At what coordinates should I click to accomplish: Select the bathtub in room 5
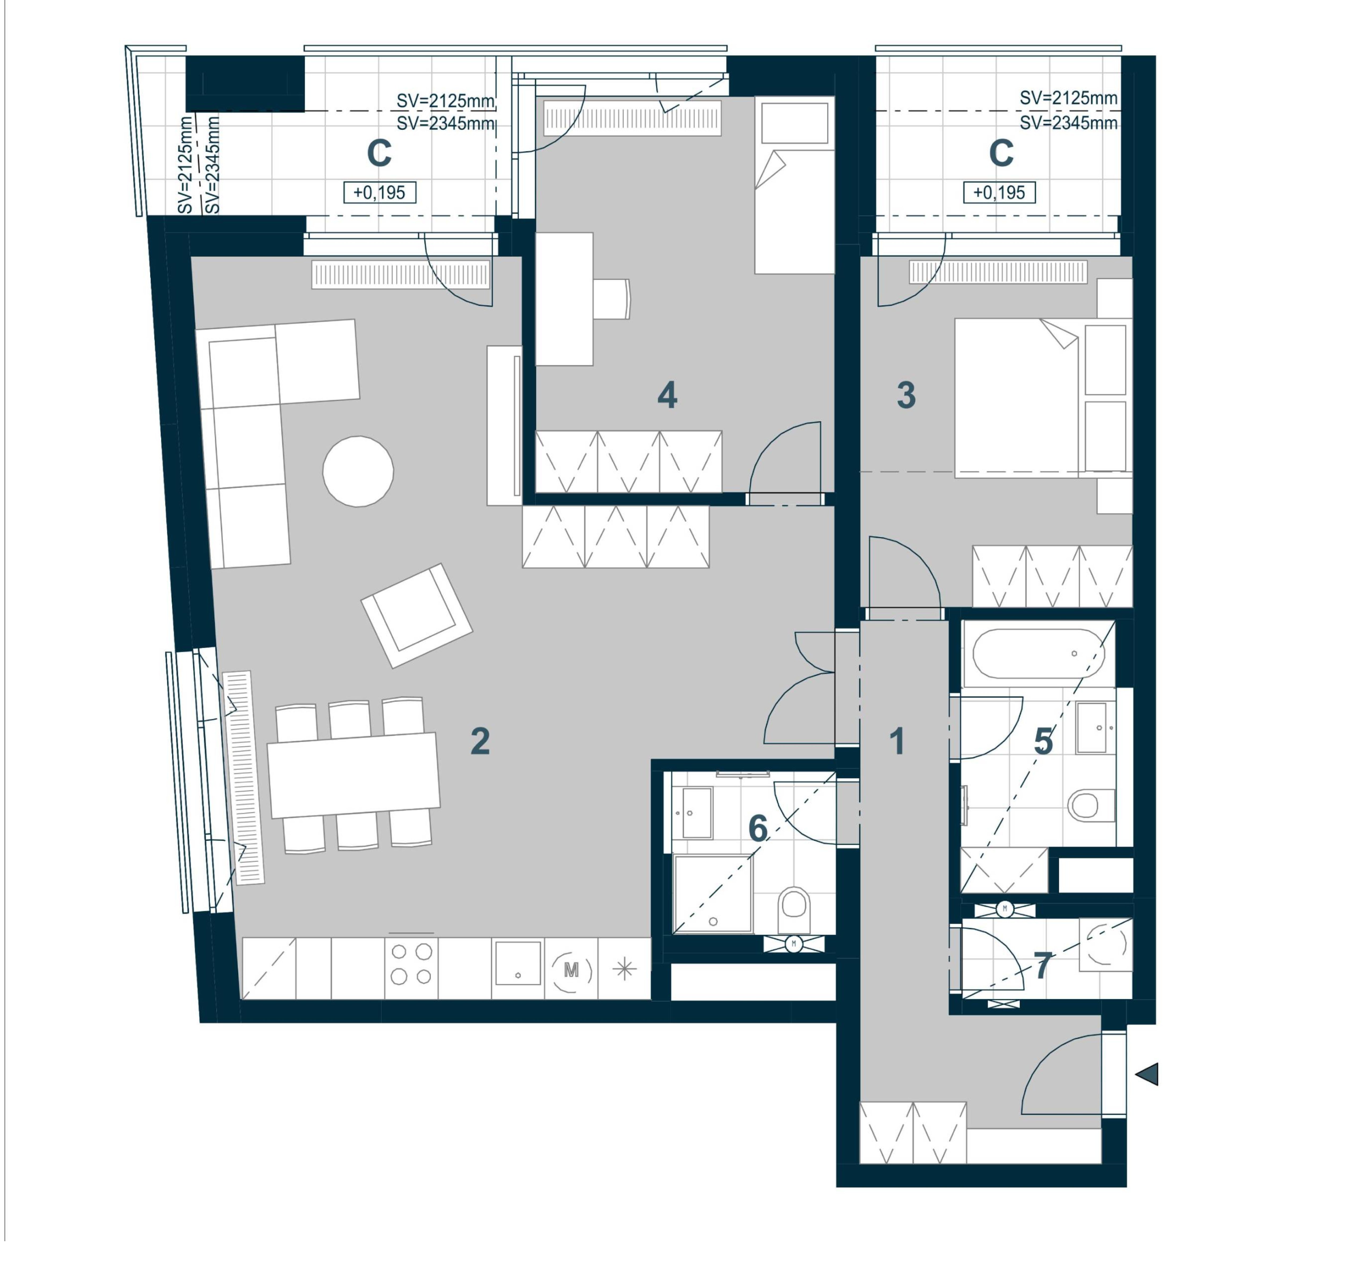click(1038, 653)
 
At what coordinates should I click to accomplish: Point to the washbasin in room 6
click(692, 812)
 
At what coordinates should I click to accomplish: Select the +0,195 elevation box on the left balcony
click(379, 193)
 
